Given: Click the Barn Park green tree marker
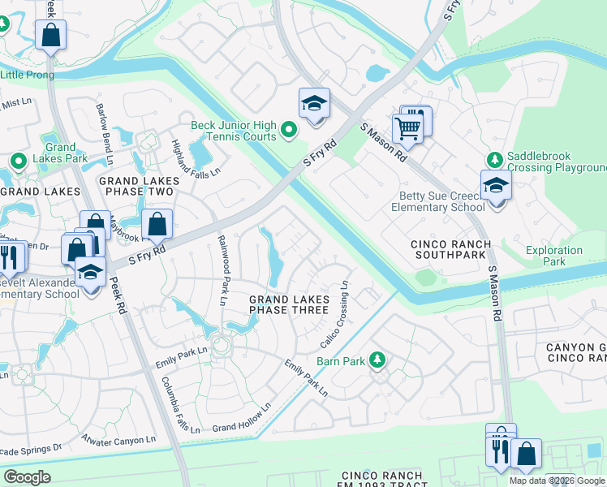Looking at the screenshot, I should coord(377,359).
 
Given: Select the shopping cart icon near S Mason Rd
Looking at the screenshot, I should coord(407,127).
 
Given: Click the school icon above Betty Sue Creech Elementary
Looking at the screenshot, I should coord(496,185).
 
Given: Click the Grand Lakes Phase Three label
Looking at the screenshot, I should coord(289,305).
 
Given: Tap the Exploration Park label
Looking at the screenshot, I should coord(553,256).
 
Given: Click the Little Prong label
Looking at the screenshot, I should coord(28,75).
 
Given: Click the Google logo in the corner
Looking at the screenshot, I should coord(28,476).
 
